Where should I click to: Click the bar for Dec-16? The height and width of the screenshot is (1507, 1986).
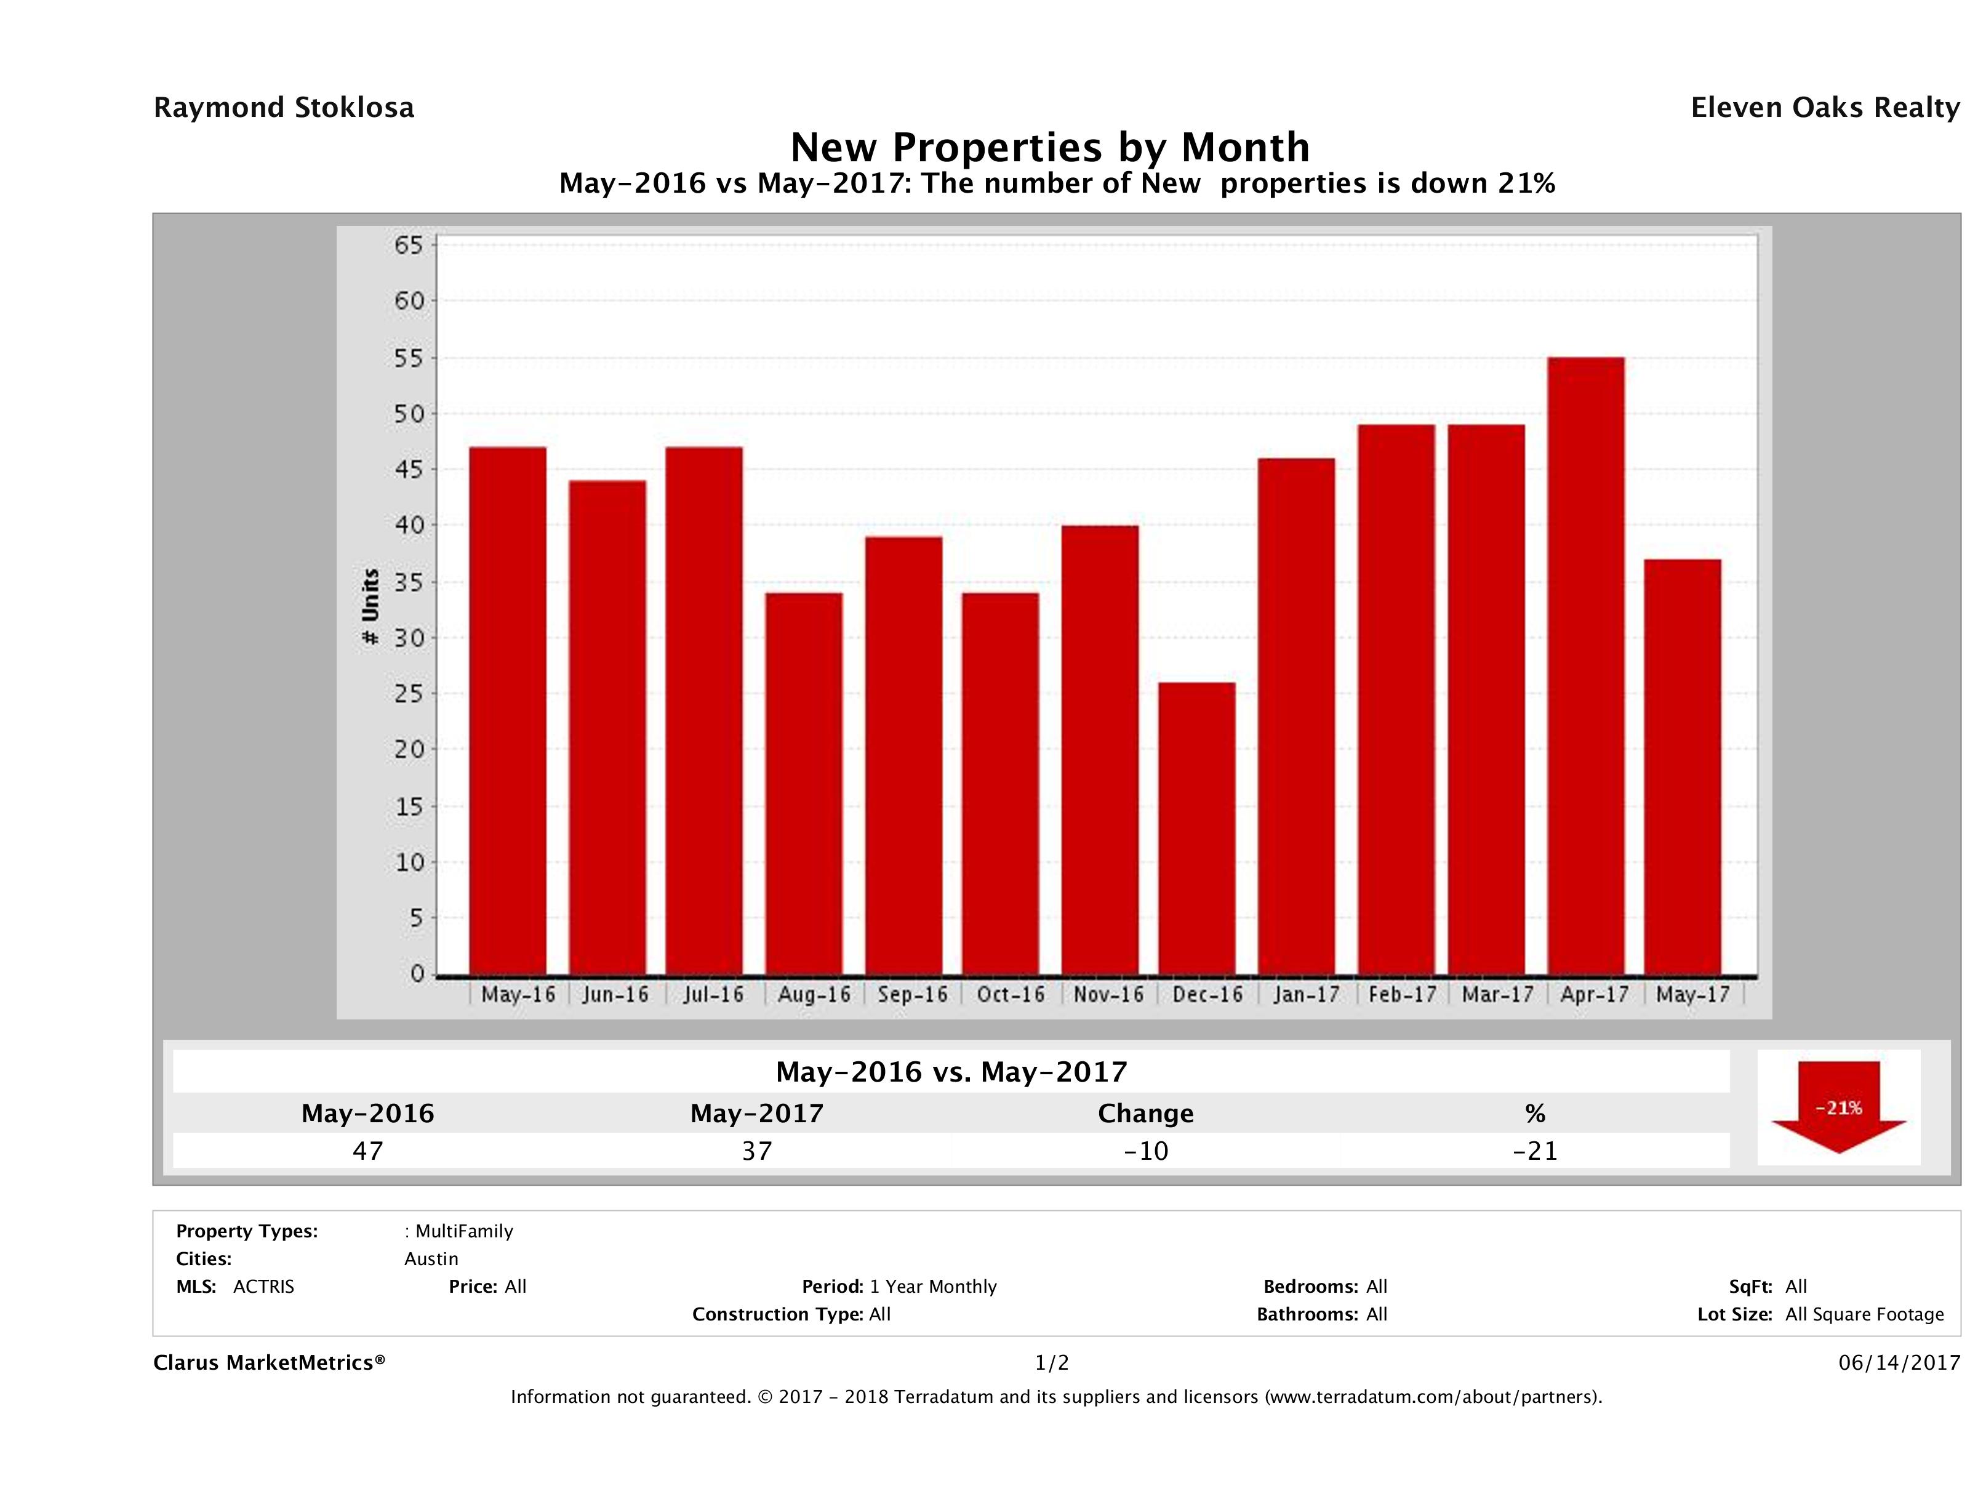pyautogui.click(x=1197, y=828)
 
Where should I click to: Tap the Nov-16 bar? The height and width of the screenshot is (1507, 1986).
pyautogui.click(x=1100, y=750)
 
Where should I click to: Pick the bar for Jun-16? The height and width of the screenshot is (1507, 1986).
pyautogui.click(x=607, y=728)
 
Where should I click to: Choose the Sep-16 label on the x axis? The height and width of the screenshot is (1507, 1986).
pyautogui.click(x=912, y=995)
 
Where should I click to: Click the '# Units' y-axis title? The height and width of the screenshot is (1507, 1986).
pyautogui.click(x=370, y=607)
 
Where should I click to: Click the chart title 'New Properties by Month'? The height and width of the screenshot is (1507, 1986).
pyautogui.click(x=1049, y=147)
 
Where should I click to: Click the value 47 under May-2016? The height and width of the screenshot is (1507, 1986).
pyautogui.click(x=368, y=1151)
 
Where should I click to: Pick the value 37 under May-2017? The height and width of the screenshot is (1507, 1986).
pyautogui.click(x=757, y=1151)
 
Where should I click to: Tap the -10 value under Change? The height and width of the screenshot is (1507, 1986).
pyautogui.click(x=1146, y=1151)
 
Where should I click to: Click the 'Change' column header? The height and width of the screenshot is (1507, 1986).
pyautogui.click(x=1146, y=1114)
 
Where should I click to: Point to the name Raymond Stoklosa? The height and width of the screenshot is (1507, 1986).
pyautogui.click(x=284, y=108)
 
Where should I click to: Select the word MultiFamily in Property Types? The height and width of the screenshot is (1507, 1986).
pyautogui.click(x=463, y=1231)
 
